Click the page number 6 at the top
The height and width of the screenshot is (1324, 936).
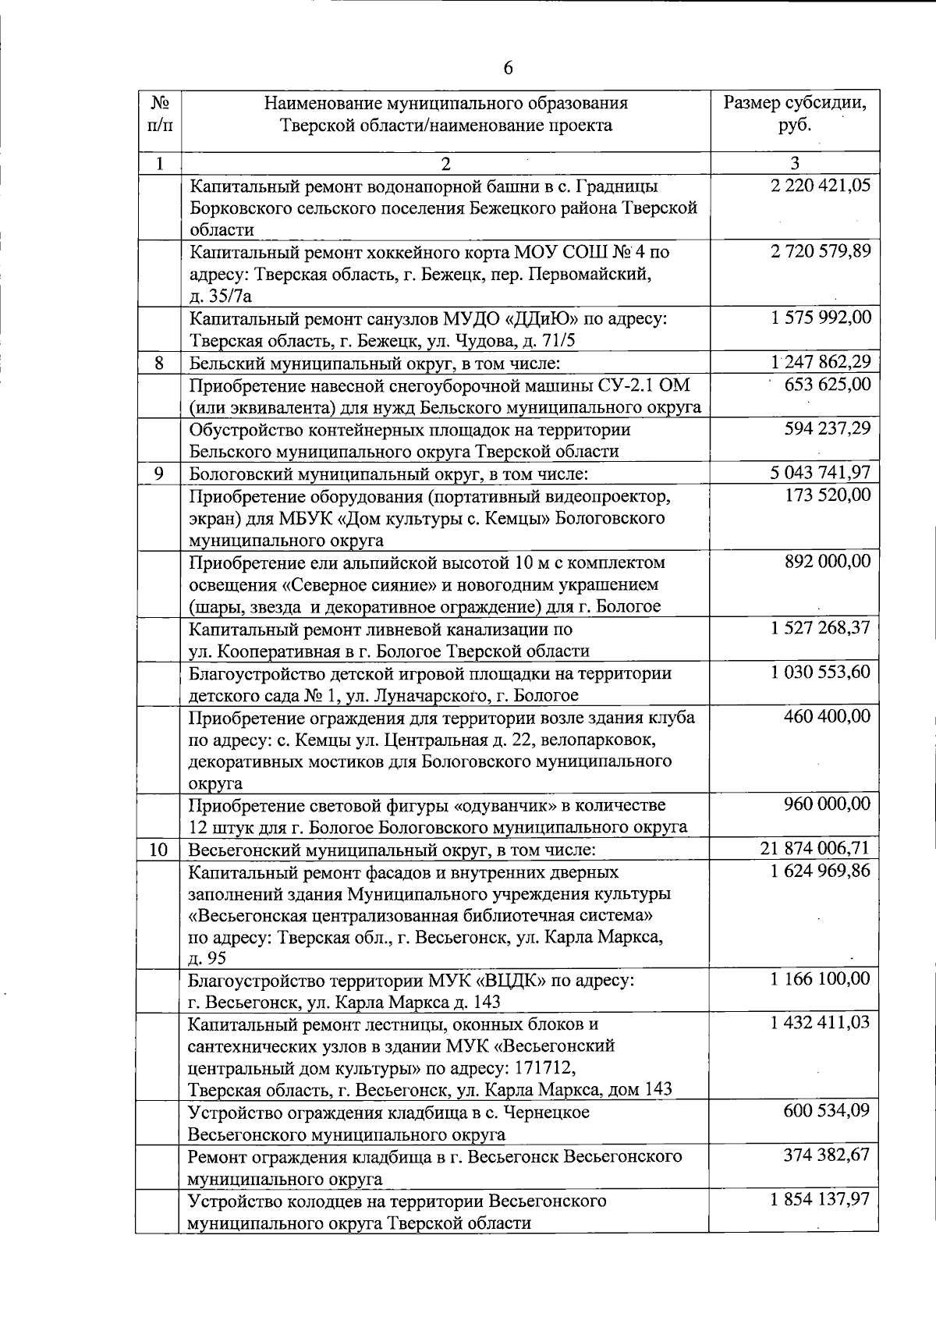tap(508, 69)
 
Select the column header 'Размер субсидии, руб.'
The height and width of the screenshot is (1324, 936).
tap(795, 114)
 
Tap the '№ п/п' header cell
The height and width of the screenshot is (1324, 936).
tap(159, 114)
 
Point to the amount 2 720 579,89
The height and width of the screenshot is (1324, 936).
tap(820, 252)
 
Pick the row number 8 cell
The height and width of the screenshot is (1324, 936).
tap(159, 363)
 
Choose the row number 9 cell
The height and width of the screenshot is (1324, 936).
tap(159, 474)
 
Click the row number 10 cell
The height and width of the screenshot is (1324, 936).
tap(159, 850)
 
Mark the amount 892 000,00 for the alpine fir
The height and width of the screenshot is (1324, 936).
tap(827, 562)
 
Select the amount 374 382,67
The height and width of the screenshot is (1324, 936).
tap(827, 1155)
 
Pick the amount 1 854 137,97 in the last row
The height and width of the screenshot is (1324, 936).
tap(820, 1199)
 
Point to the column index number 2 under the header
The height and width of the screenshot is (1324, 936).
tap(445, 164)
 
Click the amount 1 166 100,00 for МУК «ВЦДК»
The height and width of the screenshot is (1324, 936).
tap(820, 978)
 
